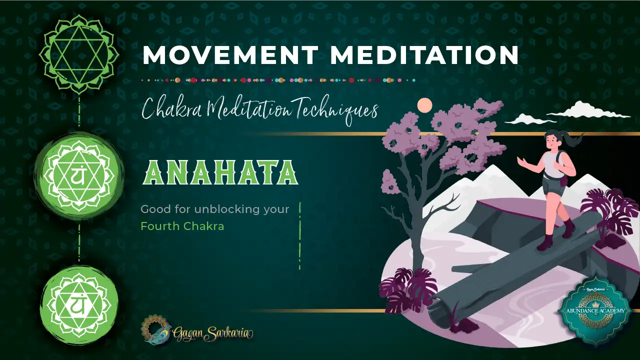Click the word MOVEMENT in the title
click(x=229, y=55)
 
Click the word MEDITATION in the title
click(x=424, y=55)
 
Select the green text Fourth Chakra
click(x=182, y=226)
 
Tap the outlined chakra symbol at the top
click(x=79, y=54)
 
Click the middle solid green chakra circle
click(x=79, y=175)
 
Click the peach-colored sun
click(x=424, y=105)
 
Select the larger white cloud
click(x=595, y=109)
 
